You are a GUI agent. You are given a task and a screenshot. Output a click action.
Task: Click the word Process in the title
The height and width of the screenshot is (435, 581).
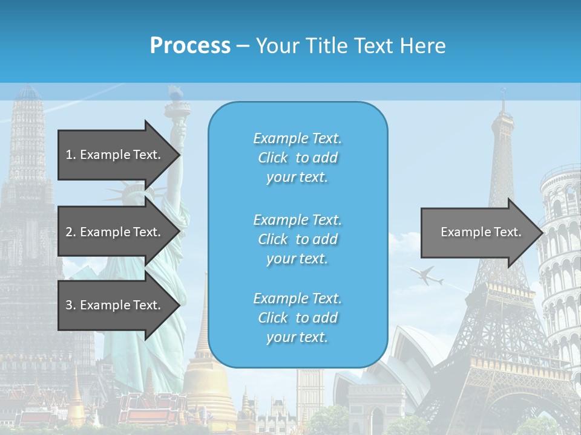coord(190,46)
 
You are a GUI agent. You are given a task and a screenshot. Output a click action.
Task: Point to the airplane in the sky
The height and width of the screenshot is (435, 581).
coord(427,275)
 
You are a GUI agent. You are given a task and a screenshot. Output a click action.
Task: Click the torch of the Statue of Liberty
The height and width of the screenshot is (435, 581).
coord(176,94)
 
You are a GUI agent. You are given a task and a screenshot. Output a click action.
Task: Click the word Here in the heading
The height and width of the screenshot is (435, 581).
coord(424,46)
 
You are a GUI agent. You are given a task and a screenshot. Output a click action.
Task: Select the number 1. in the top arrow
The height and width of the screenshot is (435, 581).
coord(71,155)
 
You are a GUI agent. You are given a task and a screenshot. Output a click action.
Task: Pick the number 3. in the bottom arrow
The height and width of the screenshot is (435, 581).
coord(71,305)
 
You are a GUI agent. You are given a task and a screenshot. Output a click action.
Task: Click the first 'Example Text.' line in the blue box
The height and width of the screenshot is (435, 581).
coord(297,138)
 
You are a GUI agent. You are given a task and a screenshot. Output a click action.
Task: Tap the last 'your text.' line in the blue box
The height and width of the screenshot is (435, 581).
coord(297,337)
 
